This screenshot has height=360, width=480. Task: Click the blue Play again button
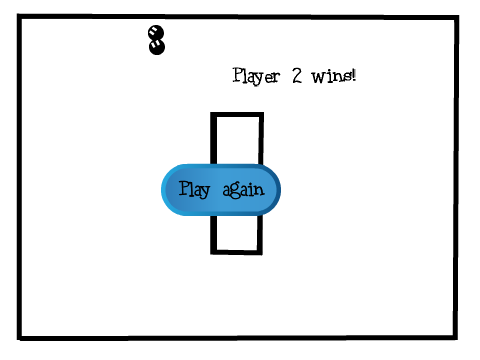pos(221,190)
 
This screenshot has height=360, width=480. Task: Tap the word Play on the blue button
pos(194,189)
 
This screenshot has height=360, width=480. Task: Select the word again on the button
pos(243,190)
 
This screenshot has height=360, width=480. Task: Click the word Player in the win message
pos(256,76)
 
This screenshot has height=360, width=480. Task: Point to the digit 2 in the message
pos(297,75)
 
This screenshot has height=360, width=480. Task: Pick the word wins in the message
pos(332,76)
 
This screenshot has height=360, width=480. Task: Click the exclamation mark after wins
pos(354,75)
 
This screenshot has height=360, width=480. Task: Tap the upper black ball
pos(156,33)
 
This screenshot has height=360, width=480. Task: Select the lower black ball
pos(156,47)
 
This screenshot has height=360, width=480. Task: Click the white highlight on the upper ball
pos(154,32)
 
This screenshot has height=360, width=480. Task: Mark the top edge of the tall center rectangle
pos(237,115)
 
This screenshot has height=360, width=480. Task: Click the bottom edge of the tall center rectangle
pos(236,252)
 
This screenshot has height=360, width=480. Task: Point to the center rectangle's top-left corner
pos(211,113)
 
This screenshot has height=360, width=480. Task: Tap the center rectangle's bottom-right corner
pos(262,255)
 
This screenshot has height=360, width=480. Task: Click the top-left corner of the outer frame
pos(18,15)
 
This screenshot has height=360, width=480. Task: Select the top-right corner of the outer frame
pos(458,16)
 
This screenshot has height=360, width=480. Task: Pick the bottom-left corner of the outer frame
pos(18,340)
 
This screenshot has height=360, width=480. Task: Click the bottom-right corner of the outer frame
pos(457,339)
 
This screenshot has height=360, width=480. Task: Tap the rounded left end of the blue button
pos(166,190)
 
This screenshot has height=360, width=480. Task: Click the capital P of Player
pos(237,75)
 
